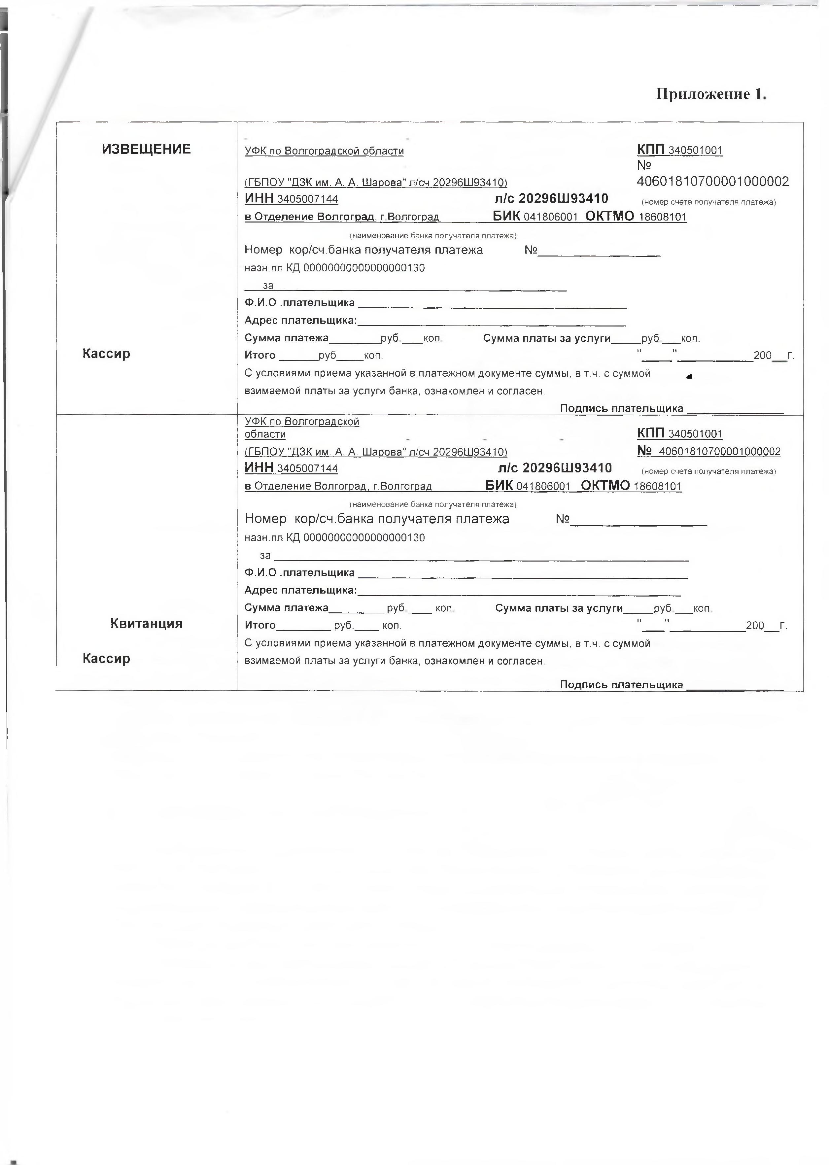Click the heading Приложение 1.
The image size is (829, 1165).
711,94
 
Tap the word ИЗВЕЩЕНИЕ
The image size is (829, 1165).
147,149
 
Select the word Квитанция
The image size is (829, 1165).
147,624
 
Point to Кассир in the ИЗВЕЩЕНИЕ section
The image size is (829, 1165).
106,354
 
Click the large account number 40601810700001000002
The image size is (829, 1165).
712,182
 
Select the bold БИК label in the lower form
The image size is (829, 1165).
499,485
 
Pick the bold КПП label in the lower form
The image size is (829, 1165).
651,434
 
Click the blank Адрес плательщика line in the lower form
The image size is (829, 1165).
519,592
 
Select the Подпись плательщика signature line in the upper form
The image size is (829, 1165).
735,409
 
